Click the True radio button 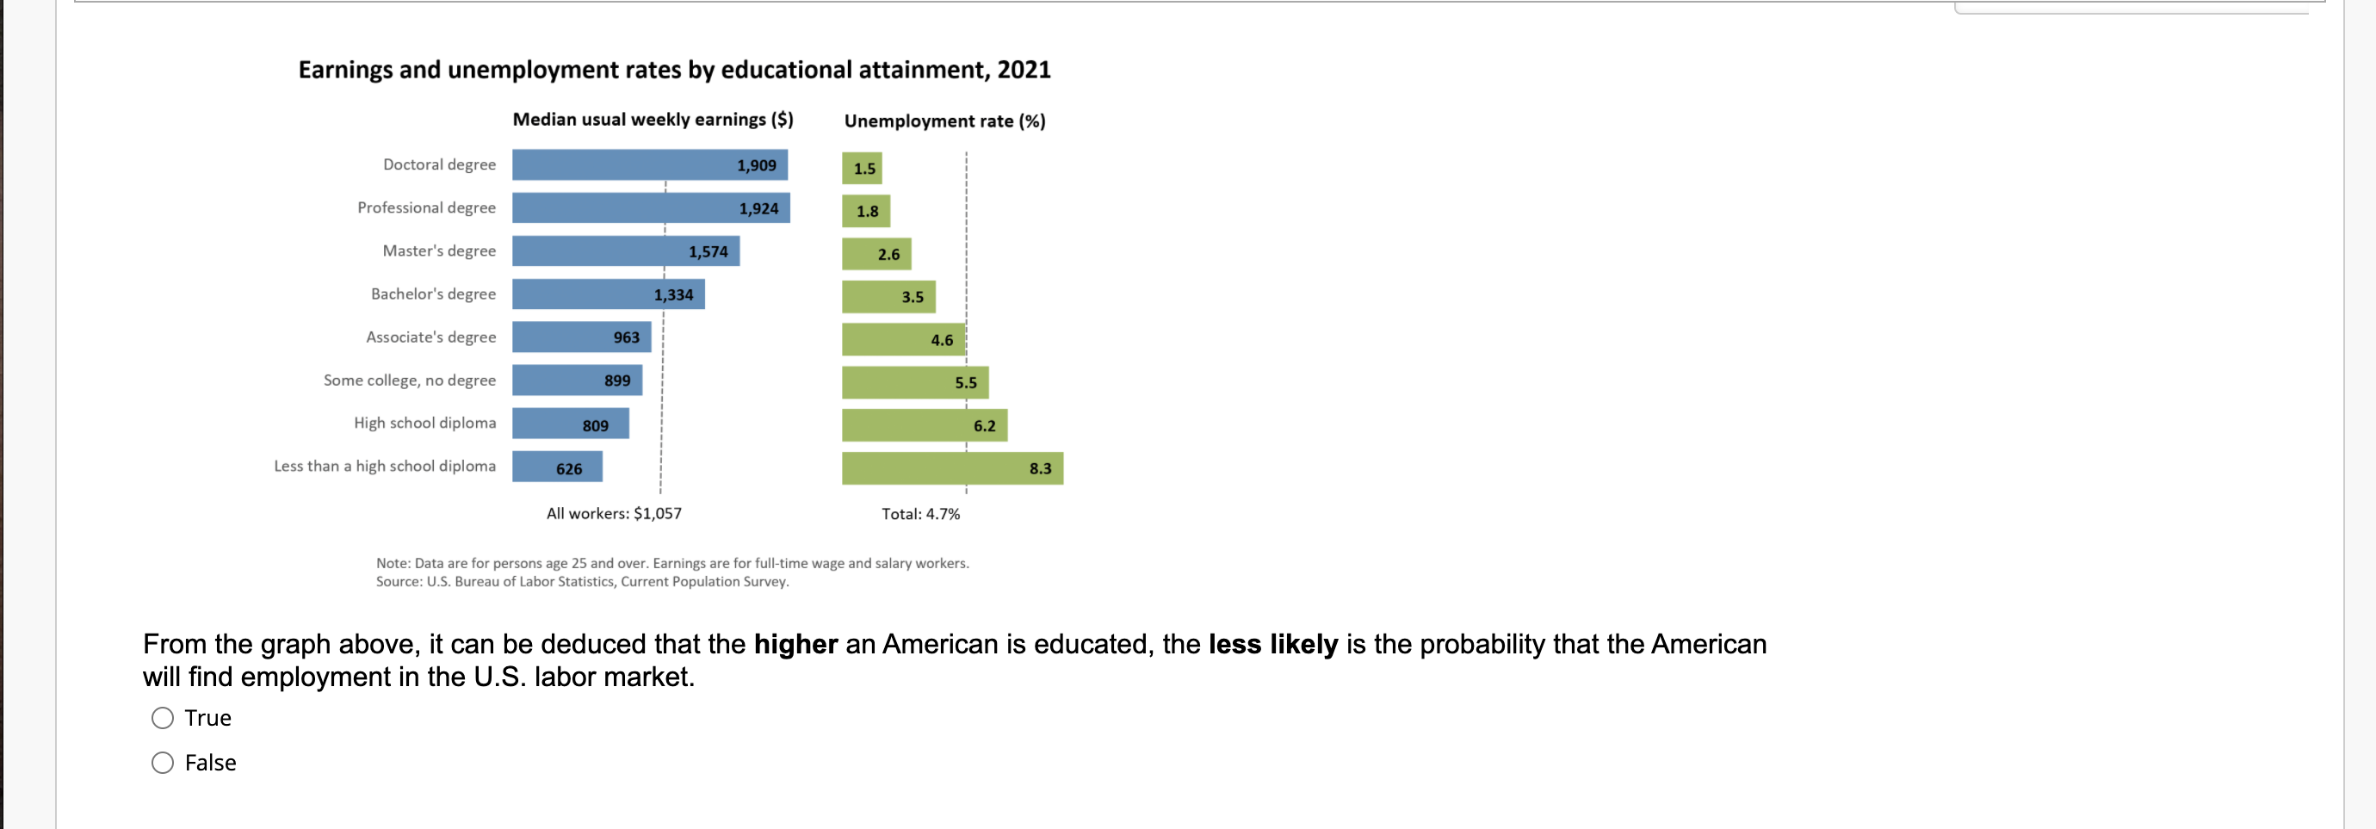coord(163,718)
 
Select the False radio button coord(163,763)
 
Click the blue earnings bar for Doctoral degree coord(649,165)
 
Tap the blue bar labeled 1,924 coord(650,208)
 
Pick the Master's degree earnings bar coord(625,251)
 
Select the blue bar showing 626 coord(557,467)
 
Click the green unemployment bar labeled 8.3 coord(952,468)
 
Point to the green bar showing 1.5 coord(862,169)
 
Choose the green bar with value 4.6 coord(903,339)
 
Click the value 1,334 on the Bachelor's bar coord(673,295)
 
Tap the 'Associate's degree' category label coord(430,337)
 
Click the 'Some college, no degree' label coord(410,380)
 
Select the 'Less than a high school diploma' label coord(385,467)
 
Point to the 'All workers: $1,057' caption coord(613,514)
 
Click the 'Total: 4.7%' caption coord(920,514)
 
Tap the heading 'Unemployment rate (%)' coord(944,121)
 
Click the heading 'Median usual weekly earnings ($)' coord(653,120)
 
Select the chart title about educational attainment coord(674,70)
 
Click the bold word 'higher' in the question coord(795,644)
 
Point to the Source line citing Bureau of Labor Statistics coord(582,582)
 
